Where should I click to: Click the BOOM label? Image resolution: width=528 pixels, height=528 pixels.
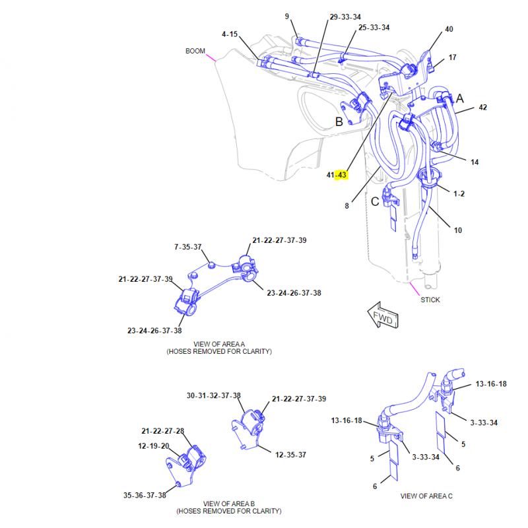tap(195, 51)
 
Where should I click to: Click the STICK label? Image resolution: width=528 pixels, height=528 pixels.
tap(430, 300)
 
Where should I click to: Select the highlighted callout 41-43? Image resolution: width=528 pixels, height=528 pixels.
tap(337, 175)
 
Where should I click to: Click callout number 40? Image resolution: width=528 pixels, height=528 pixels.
tap(449, 29)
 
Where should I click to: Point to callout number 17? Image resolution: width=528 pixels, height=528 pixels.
tap(453, 57)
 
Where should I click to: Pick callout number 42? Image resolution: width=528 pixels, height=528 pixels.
tap(482, 108)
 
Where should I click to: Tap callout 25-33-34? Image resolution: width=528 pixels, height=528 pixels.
tap(374, 28)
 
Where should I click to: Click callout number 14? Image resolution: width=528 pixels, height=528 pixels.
tap(475, 162)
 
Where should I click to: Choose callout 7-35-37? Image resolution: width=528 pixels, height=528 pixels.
tap(188, 247)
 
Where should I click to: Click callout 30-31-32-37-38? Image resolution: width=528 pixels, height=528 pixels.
tap(214, 395)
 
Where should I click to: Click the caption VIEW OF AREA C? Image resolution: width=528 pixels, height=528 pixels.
tap(426, 496)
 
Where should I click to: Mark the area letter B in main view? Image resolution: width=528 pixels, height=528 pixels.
tap(339, 121)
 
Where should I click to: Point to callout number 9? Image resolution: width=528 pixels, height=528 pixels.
tap(287, 16)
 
